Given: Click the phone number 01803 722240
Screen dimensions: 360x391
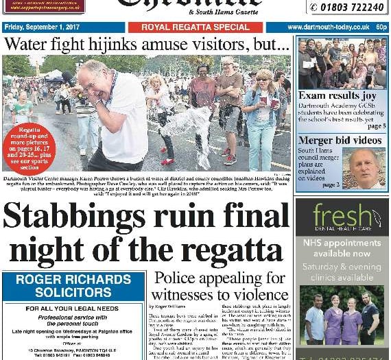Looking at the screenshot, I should tap(347, 7).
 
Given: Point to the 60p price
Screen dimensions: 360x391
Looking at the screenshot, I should tap(381, 27).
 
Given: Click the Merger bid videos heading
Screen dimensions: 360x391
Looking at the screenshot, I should tap(339, 141).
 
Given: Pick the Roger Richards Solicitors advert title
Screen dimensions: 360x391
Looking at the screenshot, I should tap(73, 286).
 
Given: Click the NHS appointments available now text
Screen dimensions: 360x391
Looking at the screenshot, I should tap(341, 248).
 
